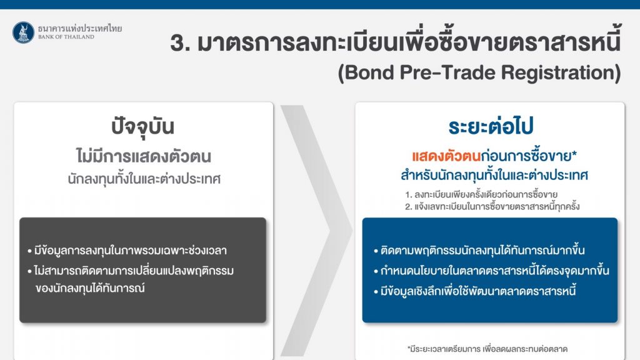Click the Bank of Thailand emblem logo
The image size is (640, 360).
tap(23, 32)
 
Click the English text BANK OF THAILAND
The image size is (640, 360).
tap(66, 37)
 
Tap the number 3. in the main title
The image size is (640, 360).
tap(181, 43)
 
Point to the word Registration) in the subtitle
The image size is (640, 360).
tap(561, 73)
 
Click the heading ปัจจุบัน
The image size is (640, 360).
tap(143, 126)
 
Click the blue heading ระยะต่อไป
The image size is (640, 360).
tap(491, 126)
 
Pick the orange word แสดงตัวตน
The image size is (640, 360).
tap(446, 156)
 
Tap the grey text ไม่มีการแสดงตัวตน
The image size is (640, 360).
tap(143, 156)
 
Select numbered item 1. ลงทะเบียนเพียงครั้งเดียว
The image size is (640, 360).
tap(481, 194)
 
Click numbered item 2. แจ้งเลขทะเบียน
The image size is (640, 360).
tap(492, 206)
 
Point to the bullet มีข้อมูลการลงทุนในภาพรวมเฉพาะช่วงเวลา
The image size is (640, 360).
tap(127, 250)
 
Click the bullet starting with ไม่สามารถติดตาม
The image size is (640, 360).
tap(131, 279)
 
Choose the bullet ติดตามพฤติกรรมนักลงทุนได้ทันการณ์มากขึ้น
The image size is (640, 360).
tap(479, 250)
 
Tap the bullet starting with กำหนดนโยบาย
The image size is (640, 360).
tap(491, 270)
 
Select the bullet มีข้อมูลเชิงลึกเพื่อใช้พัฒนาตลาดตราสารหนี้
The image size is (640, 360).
tap(475, 291)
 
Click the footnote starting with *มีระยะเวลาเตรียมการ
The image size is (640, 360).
tap(487, 349)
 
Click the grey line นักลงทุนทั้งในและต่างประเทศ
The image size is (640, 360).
tap(144, 179)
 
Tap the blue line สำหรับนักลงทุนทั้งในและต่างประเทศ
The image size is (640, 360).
tap(494, 176)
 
